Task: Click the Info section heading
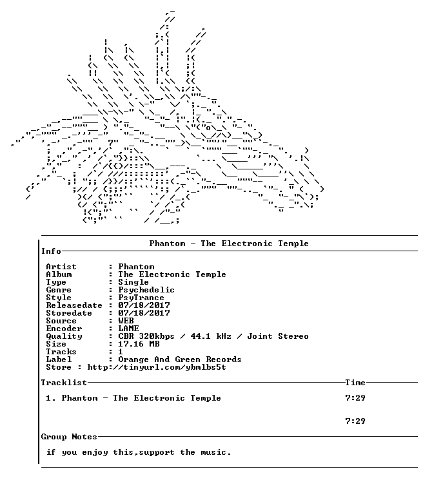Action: pyautogui.click(x=51, y=251)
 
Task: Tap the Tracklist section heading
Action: pyautogui.click(x=64, y=383)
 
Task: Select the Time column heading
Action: pyautogui.click(x=355, y=383)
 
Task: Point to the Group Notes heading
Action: pyautogui.click(x=69, y=437)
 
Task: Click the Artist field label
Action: pyautogui.click(x=61, y=267)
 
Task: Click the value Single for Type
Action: pyautogui.click(x=133, y=282)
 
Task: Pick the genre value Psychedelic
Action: pyautogui.click(x=146, y=290)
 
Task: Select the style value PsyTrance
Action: pyautogui.click(x=141, y=298)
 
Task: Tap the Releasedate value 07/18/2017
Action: pyautogui.click(x=144, y=305)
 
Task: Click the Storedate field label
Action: pyautogui.click(x=69, y=313)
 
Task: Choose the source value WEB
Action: pyautogui.click(x=126, y=321)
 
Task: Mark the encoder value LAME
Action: pyautogui.click(x=128, y=329)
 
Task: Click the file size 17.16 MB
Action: pyautogui.click(x=139, y=344)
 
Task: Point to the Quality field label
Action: pyautogui.click(x=64, y=336)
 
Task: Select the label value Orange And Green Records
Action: pyautogui.click(x=180, y=359)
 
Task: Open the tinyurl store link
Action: pyautogui.click(x=157, y=367)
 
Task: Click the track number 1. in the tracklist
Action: pyautogui.click(x=51, y=398)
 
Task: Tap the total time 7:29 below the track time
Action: pyautogui.click(x=355, y=421)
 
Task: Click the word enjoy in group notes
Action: pyautogui.click(x=95, y=452)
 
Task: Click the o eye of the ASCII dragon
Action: pyautogui.click(x=208, y=128)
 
